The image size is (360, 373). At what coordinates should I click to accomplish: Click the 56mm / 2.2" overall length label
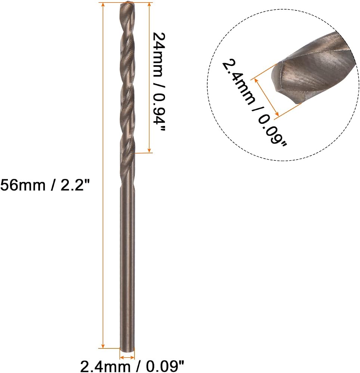click(45, 185)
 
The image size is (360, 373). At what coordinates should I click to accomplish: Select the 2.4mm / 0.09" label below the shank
click(132, 366)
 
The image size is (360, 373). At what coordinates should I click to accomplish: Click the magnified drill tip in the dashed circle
click(314, 71)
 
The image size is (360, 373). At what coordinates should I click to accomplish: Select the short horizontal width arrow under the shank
click(127, 357)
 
